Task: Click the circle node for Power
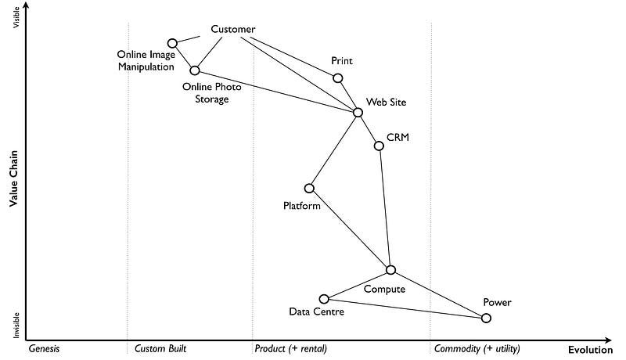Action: (x=486, y=318)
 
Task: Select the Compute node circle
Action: (x=390, y=270)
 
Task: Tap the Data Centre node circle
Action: (x=324, y=299)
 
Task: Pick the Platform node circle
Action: (x=309, y=188)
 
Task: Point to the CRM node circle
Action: (x=379, y=146)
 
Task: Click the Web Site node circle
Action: (x=358, y=112)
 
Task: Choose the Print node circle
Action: (x=338, y=77)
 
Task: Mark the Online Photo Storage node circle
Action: (x=195, y=70)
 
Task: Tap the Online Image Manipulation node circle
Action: (x=172, y=43)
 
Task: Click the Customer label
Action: (x=233, y=30)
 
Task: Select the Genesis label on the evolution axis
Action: (x=44, y=348)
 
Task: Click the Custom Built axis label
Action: (x=160, y=348)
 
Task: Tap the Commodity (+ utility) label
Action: (x=477, y=348)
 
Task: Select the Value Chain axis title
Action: (x=14, y=178)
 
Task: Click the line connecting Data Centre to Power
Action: (x=405, y=308)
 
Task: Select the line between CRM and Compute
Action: (x=384, y=207)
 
